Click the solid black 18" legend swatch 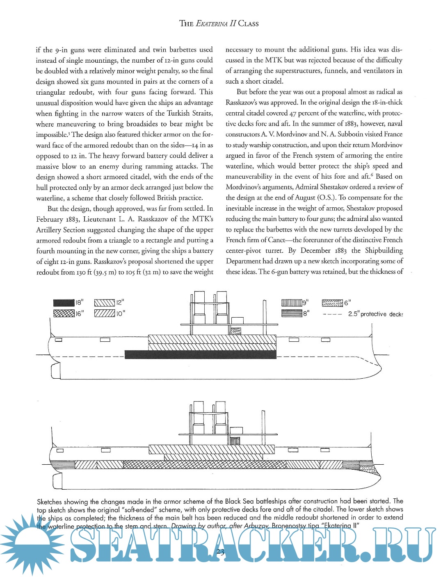point(64,303)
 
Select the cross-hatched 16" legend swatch point(64,313)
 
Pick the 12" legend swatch point(104,303)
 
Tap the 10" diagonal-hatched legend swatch point(104,313)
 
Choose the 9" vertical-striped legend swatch point(291,303)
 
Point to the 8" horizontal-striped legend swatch point(291,313)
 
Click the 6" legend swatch point(332,303)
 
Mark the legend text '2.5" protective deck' point(375,314)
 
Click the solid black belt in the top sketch point(200,355)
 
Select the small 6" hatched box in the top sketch point(235,331)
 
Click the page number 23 point(220,552)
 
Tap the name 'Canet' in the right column point(276,240)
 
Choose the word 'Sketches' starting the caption point(50,502)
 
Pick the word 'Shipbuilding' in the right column point(384,250)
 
